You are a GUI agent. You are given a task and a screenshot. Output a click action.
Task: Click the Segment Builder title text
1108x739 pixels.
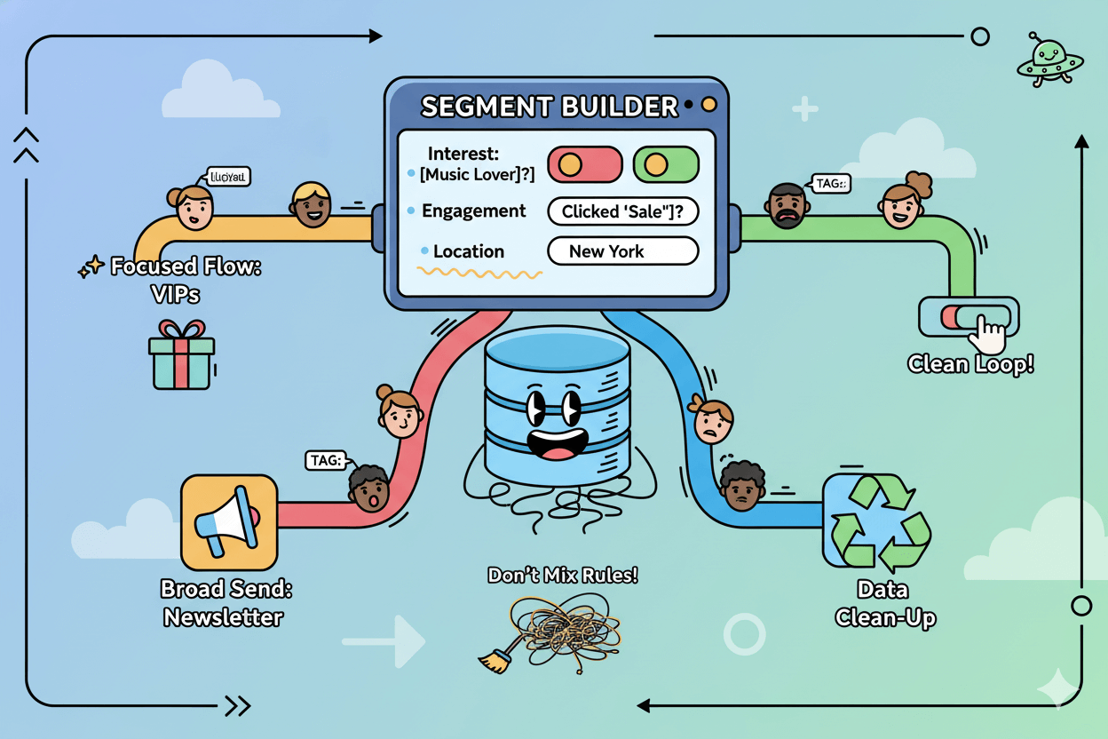click(x=549, y=107)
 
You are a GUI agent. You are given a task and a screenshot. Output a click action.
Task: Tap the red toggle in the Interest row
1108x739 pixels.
click(x=585, y=164)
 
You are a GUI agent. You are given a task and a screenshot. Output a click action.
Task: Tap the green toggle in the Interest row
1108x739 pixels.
click(x=666, y=164)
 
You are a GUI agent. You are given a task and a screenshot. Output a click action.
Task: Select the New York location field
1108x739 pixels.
click(x=622, y=251)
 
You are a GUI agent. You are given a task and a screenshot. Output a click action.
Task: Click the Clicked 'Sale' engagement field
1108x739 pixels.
click(x=622, y=211)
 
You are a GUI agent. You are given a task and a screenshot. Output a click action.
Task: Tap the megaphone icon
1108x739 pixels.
click(x=228, y=521)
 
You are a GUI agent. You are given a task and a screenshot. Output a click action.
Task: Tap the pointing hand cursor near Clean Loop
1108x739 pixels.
click(x=987, y=336)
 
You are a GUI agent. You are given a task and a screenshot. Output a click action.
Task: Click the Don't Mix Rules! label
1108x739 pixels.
click(x=562, y=575)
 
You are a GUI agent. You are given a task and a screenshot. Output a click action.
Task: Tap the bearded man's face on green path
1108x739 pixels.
click(x=786, y=206)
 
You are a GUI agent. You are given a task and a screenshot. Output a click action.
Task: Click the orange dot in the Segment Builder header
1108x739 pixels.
click(x=708, y=105)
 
